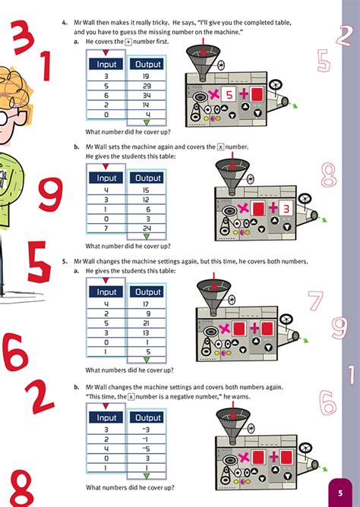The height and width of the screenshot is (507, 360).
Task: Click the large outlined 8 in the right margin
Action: [328, 175]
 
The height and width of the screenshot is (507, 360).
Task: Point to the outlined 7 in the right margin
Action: [316, 302]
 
